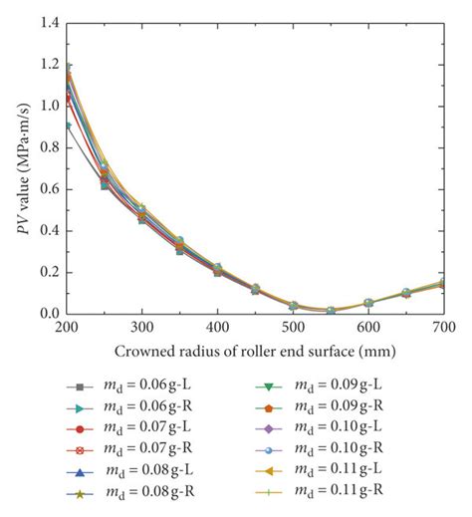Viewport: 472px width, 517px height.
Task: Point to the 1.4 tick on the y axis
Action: point(46,22)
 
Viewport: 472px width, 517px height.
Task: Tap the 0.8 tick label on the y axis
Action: point(46,146)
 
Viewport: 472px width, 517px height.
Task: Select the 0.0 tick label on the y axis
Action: point(46,314)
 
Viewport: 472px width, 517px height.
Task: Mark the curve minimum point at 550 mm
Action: point(331,310)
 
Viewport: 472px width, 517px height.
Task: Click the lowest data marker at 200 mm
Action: point(67,126)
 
